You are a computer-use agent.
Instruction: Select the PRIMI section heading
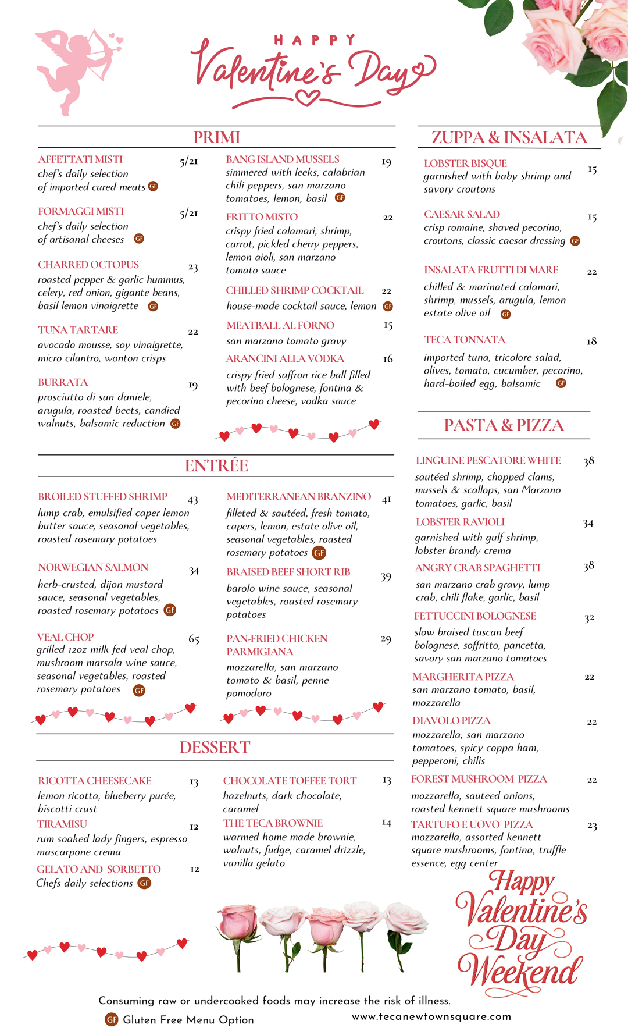[x=216, y=137]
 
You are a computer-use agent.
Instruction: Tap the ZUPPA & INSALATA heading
[x=509, y=137]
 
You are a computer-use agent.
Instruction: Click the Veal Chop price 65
[x=194, y=639]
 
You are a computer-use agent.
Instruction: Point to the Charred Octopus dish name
[x=88, y=265]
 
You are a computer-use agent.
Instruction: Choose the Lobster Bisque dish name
[x=465, y=163]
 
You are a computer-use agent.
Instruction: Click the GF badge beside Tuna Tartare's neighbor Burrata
[x=176, y=424]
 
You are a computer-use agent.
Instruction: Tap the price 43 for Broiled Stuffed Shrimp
[x=193, y=500]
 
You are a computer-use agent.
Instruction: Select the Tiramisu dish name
[x=62, y=824]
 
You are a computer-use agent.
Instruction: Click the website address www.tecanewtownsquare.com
[x=431, y=1016]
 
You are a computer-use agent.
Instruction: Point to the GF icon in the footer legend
[x=112, y=1019]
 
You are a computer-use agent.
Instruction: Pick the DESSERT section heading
[x=215, y=747]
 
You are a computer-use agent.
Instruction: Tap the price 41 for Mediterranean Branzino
[x=387, y=499]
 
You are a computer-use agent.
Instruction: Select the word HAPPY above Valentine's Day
[x=314, y=40]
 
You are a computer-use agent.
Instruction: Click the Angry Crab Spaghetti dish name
[x=477, y=568]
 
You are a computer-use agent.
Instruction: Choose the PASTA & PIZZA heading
[x=504, y=425]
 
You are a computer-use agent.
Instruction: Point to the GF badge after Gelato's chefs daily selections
[x=144, y=883]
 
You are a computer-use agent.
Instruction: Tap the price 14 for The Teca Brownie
[x=387, y=823]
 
